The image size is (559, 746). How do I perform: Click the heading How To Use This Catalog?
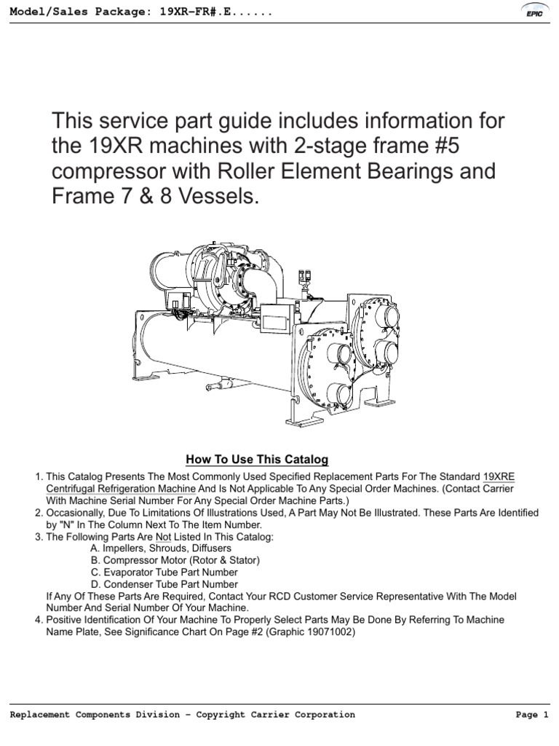click(x=257, y=460)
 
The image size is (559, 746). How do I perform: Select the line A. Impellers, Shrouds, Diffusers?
click(x=161, y=549)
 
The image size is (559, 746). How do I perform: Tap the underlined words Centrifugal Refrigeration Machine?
click(x=121, y=489)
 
